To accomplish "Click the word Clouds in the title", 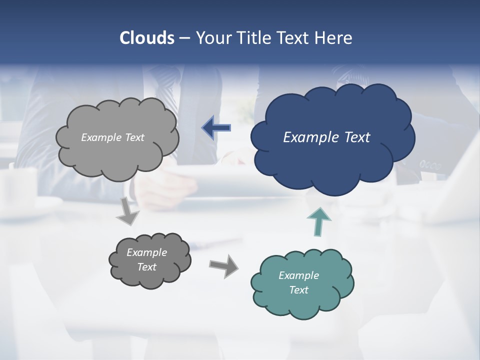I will [146, 38].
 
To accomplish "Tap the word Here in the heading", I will [333, 38].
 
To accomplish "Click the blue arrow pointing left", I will [216, 128].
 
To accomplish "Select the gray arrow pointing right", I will [223, 265].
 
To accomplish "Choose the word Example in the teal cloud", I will [298, 275].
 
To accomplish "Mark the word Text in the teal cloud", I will [298, 290].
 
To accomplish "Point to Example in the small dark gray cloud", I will [146, 252].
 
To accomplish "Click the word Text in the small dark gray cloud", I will [146, 267].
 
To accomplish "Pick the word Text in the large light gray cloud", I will [134, 137].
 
